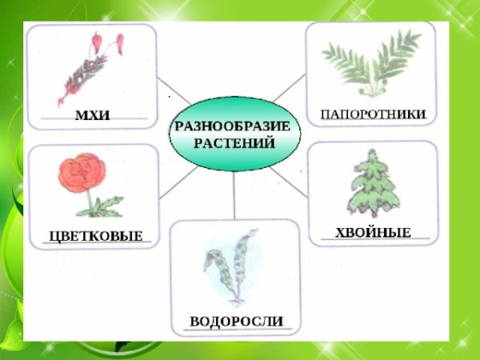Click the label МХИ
pyautogui.click(x=91, y=117)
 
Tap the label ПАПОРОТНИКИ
pyautogui.click(x=372, y=114)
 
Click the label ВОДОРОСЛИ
pyautogui.click(x=237, y=322)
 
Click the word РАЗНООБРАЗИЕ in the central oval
pyautogui.click(x=233, y=126)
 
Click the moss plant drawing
pyautogui.click(x=88, y=72)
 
